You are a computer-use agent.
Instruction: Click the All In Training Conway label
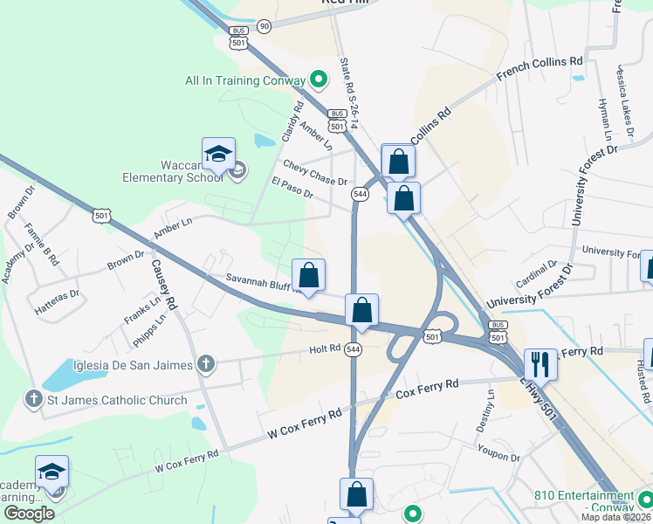coord(245,81)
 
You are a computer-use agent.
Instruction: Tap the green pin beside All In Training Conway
coord(320,81)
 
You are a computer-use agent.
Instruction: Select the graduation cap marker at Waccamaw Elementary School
coord(218,155)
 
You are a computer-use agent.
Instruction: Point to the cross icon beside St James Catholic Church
coord(34,400)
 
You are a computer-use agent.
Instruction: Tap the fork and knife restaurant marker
coord(540,362)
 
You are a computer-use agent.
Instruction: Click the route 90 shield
coord(264,26)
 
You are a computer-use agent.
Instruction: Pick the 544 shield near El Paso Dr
coord(359,193)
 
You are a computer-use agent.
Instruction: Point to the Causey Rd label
coord(164,286)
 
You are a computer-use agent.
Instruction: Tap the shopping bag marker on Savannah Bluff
coord(308,275)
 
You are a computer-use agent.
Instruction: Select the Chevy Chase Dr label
coord(314,172)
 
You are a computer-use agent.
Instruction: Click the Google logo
coord(29,514)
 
